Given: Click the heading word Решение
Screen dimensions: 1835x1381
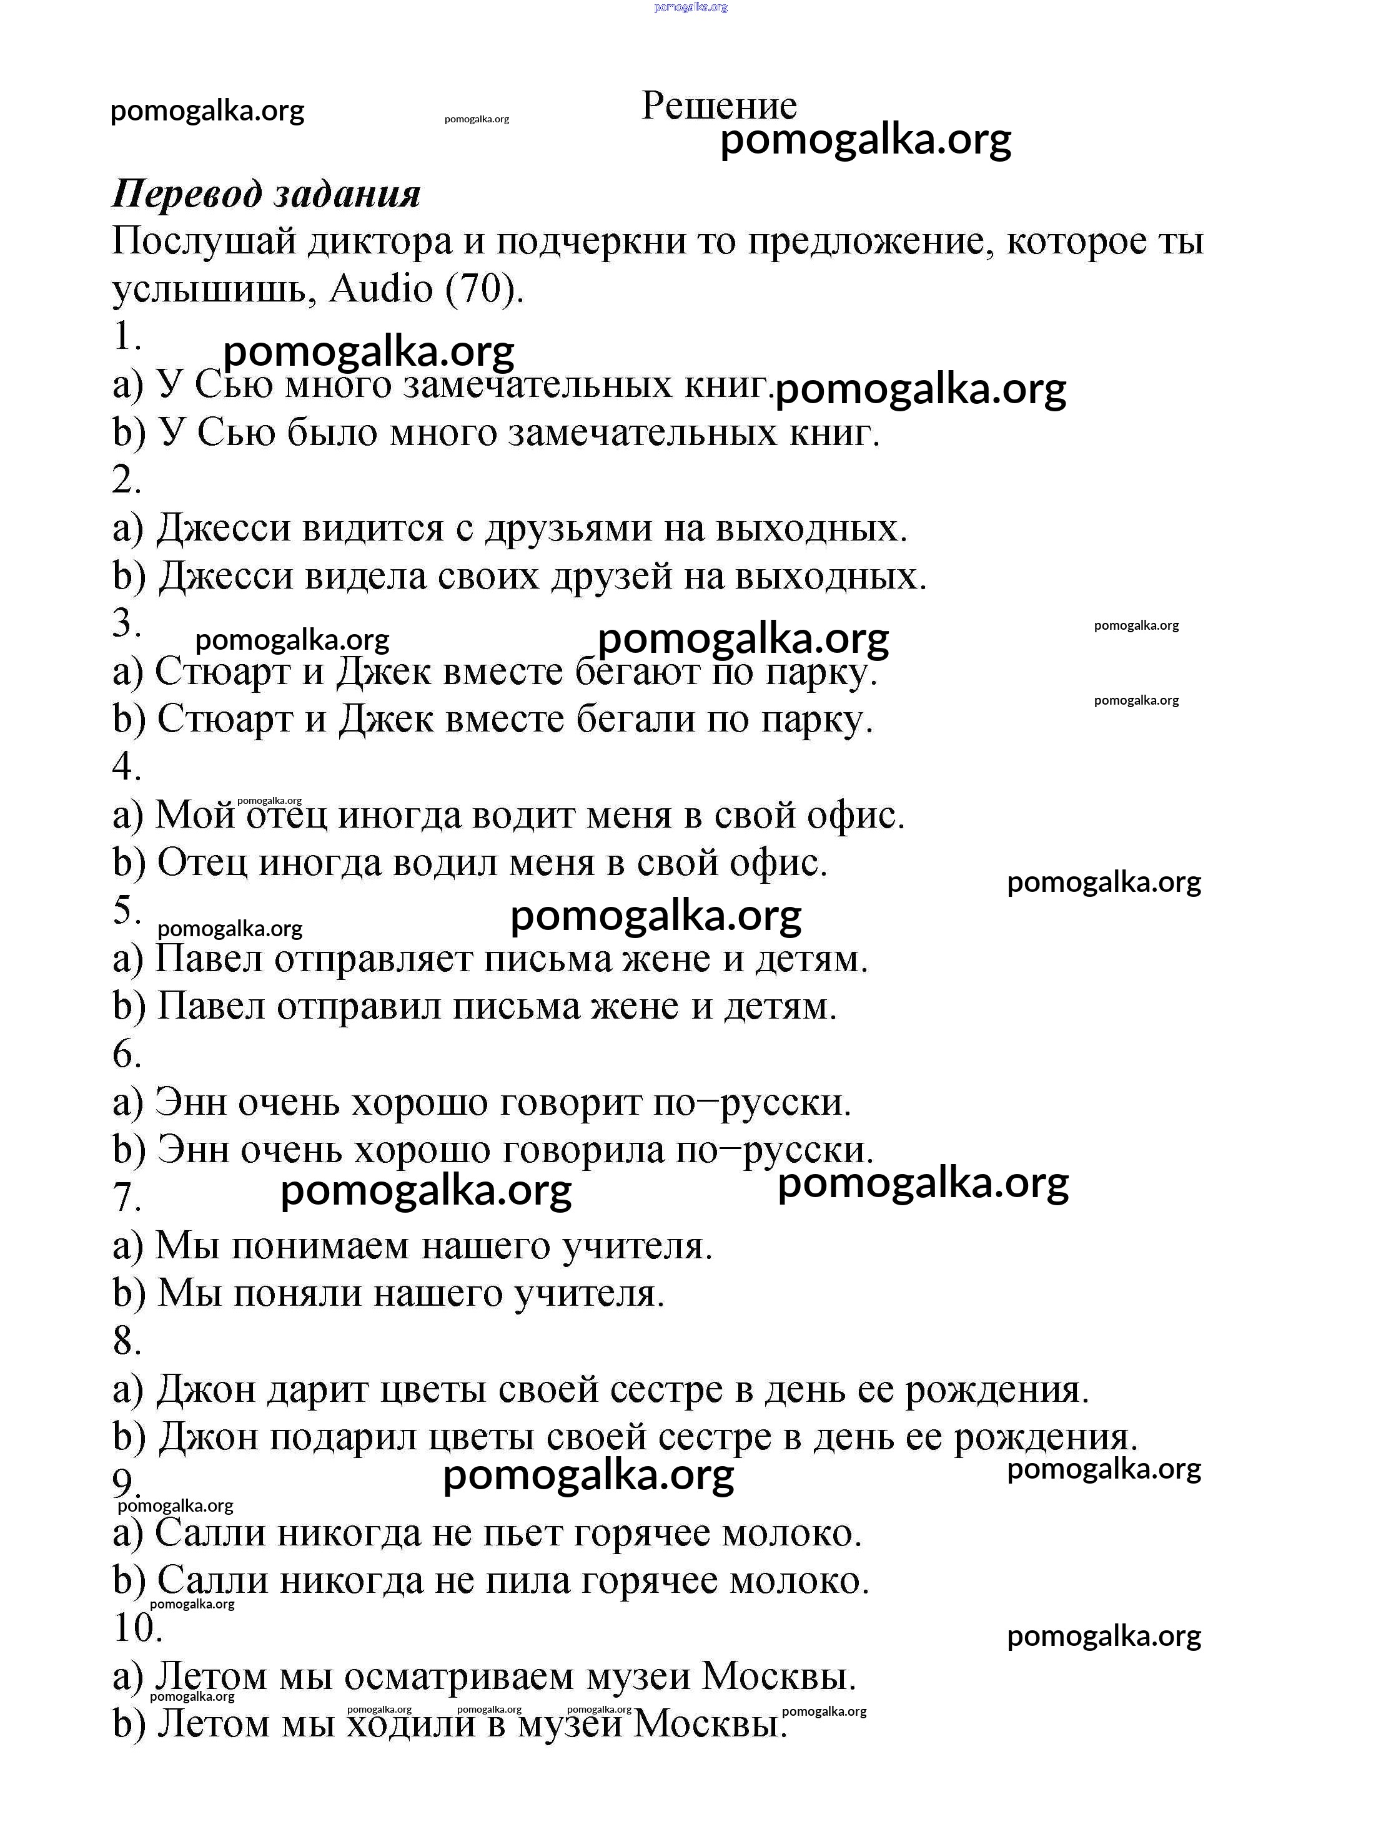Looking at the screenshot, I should click(x=719, y=106).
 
